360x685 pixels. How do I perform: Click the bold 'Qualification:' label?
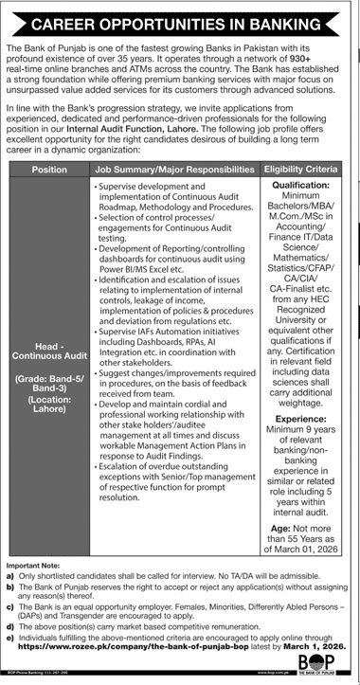[304, 188]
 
